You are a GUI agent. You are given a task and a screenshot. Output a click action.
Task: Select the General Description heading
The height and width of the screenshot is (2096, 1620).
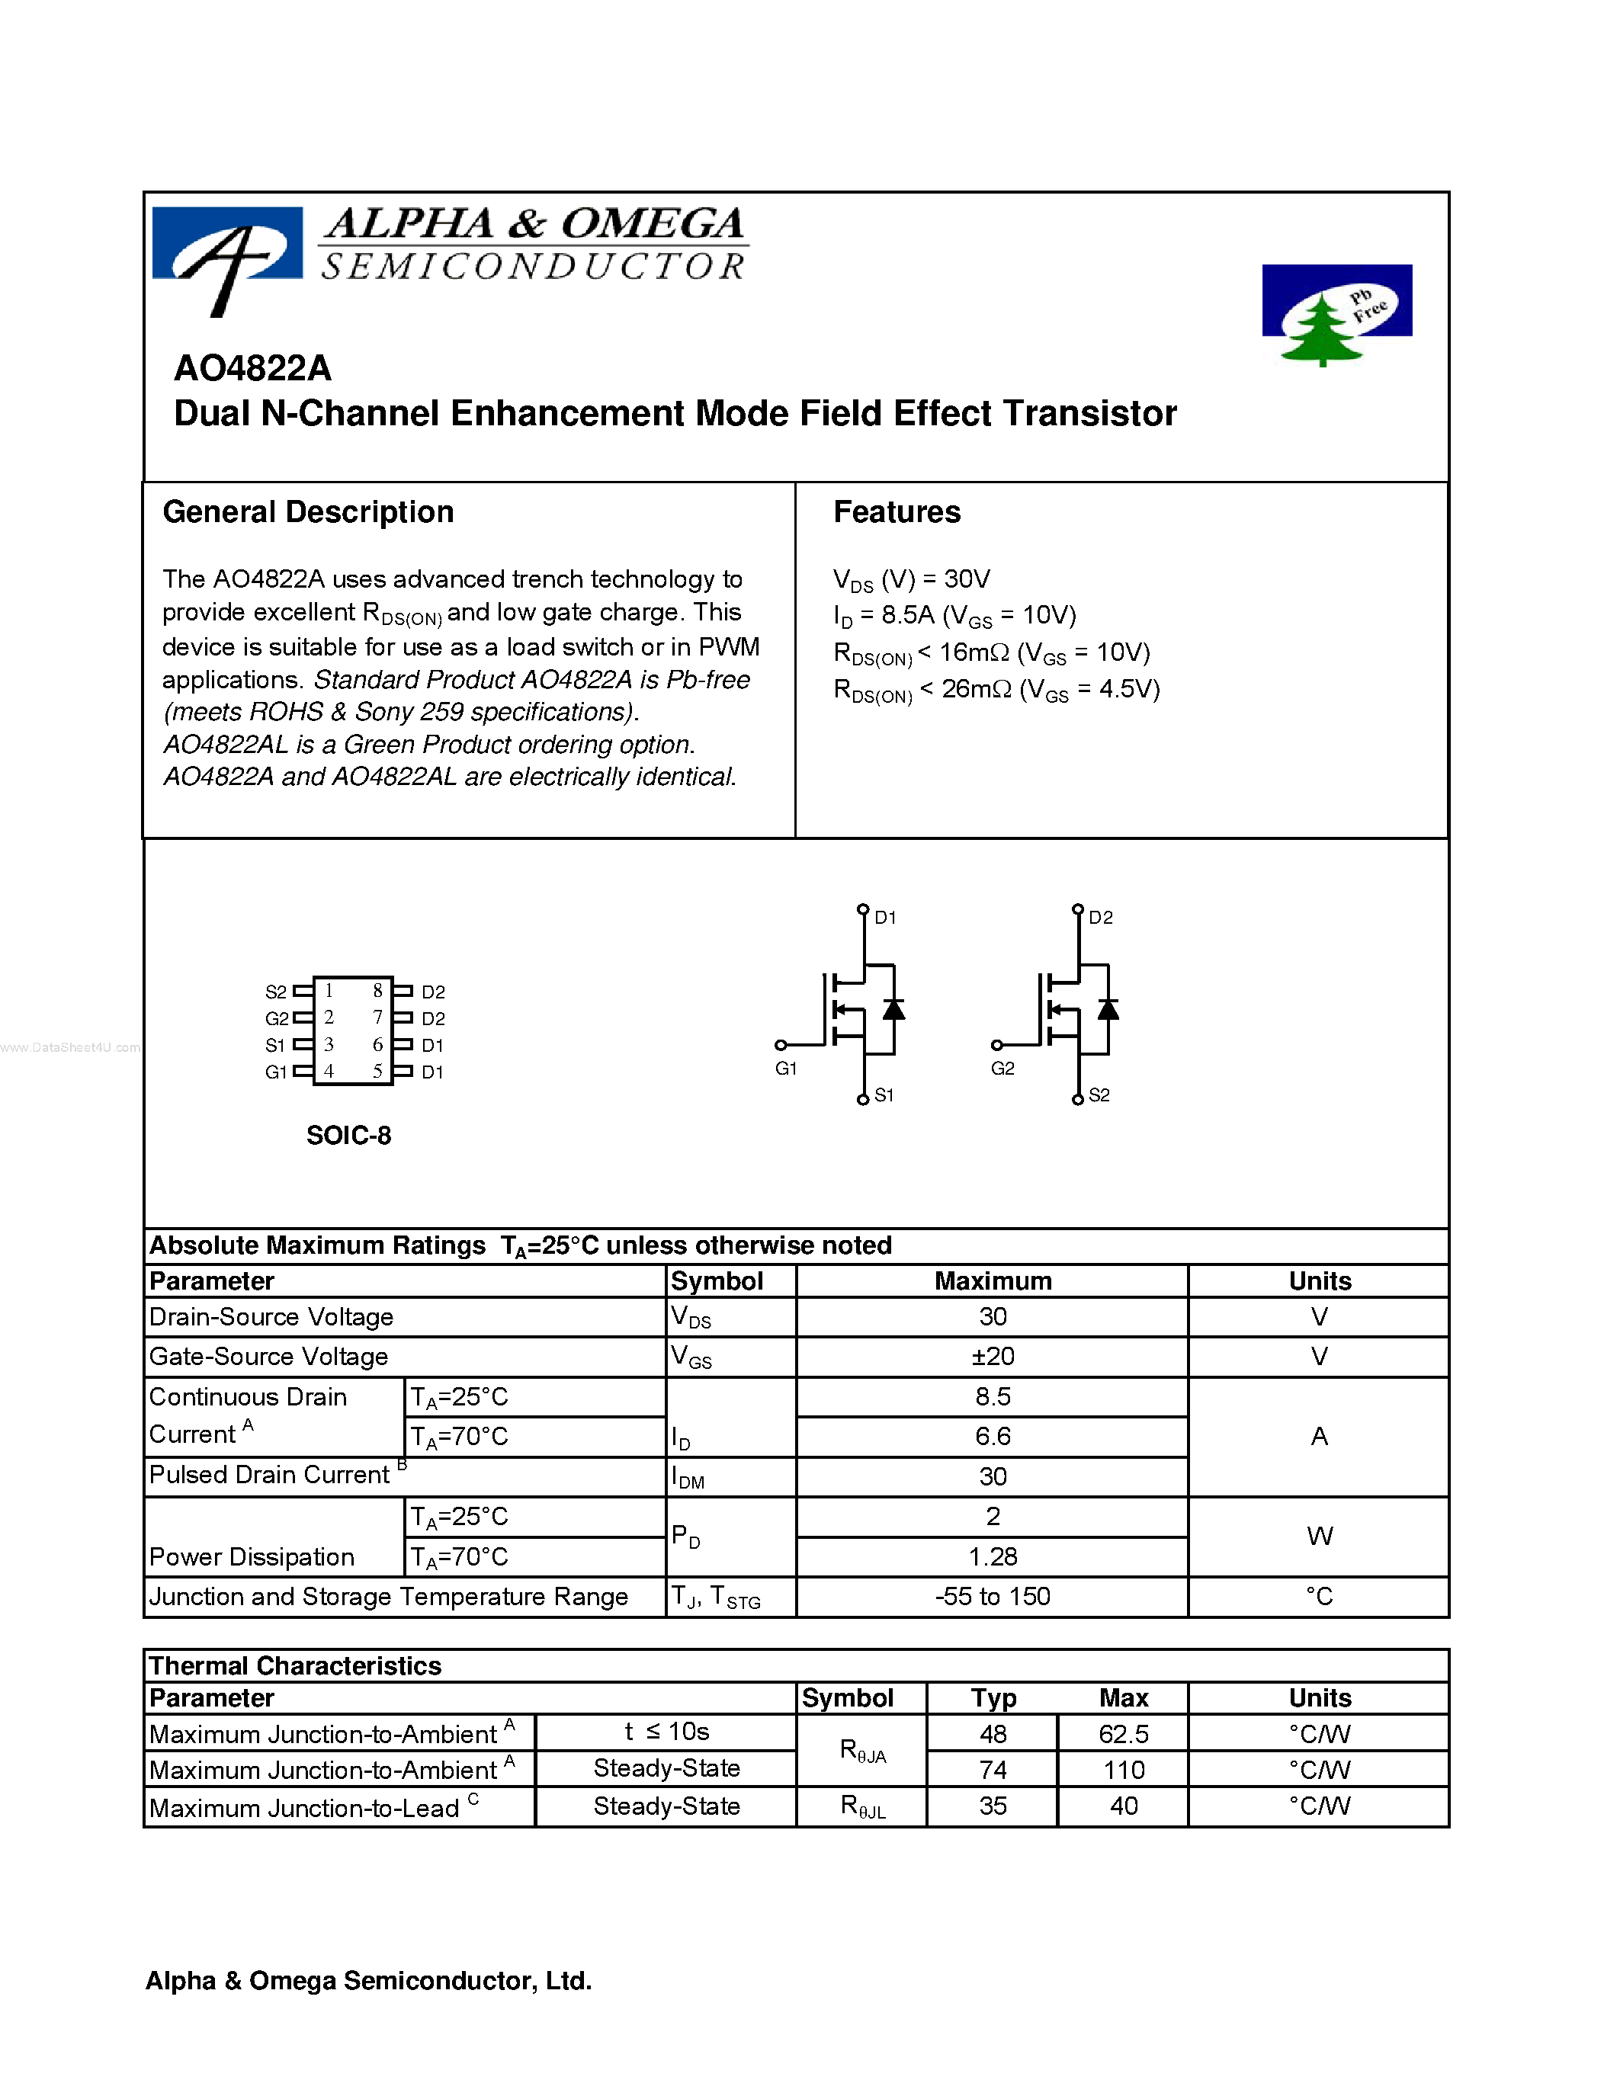(308, 512)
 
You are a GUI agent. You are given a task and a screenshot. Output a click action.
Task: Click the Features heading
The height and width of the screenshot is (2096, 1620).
(897, 512)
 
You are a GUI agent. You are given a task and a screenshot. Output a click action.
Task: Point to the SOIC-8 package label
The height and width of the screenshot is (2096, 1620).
(348, 1136)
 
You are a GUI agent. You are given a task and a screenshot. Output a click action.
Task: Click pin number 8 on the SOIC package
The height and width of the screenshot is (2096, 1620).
(377, 990)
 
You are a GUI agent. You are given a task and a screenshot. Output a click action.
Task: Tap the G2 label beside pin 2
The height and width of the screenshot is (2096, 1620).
(277, 1018)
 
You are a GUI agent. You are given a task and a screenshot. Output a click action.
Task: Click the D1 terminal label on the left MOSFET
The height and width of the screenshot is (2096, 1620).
(885, 918)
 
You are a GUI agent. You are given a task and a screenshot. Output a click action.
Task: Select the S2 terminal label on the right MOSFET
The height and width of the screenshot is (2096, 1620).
(1099, 1096)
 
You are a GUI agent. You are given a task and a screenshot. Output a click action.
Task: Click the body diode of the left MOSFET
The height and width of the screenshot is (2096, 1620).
(893, 1010)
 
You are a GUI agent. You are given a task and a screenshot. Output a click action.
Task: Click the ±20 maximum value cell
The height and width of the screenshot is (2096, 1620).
(993, 1357)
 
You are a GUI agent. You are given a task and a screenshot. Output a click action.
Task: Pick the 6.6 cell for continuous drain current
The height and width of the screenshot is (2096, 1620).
(993, 1437)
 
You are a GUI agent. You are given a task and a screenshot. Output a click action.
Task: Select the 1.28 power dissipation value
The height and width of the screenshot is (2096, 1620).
(993, 1556)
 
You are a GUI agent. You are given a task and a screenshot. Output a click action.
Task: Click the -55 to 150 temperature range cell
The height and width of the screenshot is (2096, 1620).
(993, 1597)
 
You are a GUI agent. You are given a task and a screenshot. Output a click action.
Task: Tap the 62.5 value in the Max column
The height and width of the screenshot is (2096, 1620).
(1124, 1734)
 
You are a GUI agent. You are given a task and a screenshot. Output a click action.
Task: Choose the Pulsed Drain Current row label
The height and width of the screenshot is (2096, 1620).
(270, 1475)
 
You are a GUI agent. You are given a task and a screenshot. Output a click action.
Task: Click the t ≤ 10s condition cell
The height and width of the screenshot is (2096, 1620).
(666, 1732)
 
